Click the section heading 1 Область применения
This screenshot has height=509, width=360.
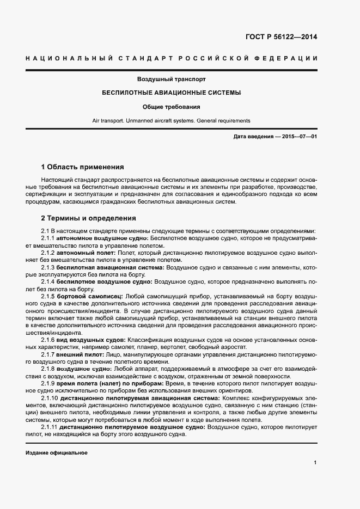click(x=83, y=167)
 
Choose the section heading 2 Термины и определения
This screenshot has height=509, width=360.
click(x=88, y=218)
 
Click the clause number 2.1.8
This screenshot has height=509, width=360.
click(x=48, y=369)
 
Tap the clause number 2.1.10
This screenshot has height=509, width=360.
click(x=50, y=398)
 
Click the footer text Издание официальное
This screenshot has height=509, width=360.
click(x=56, y=453)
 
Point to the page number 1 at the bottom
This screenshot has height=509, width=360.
click(x=315, y=463)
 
